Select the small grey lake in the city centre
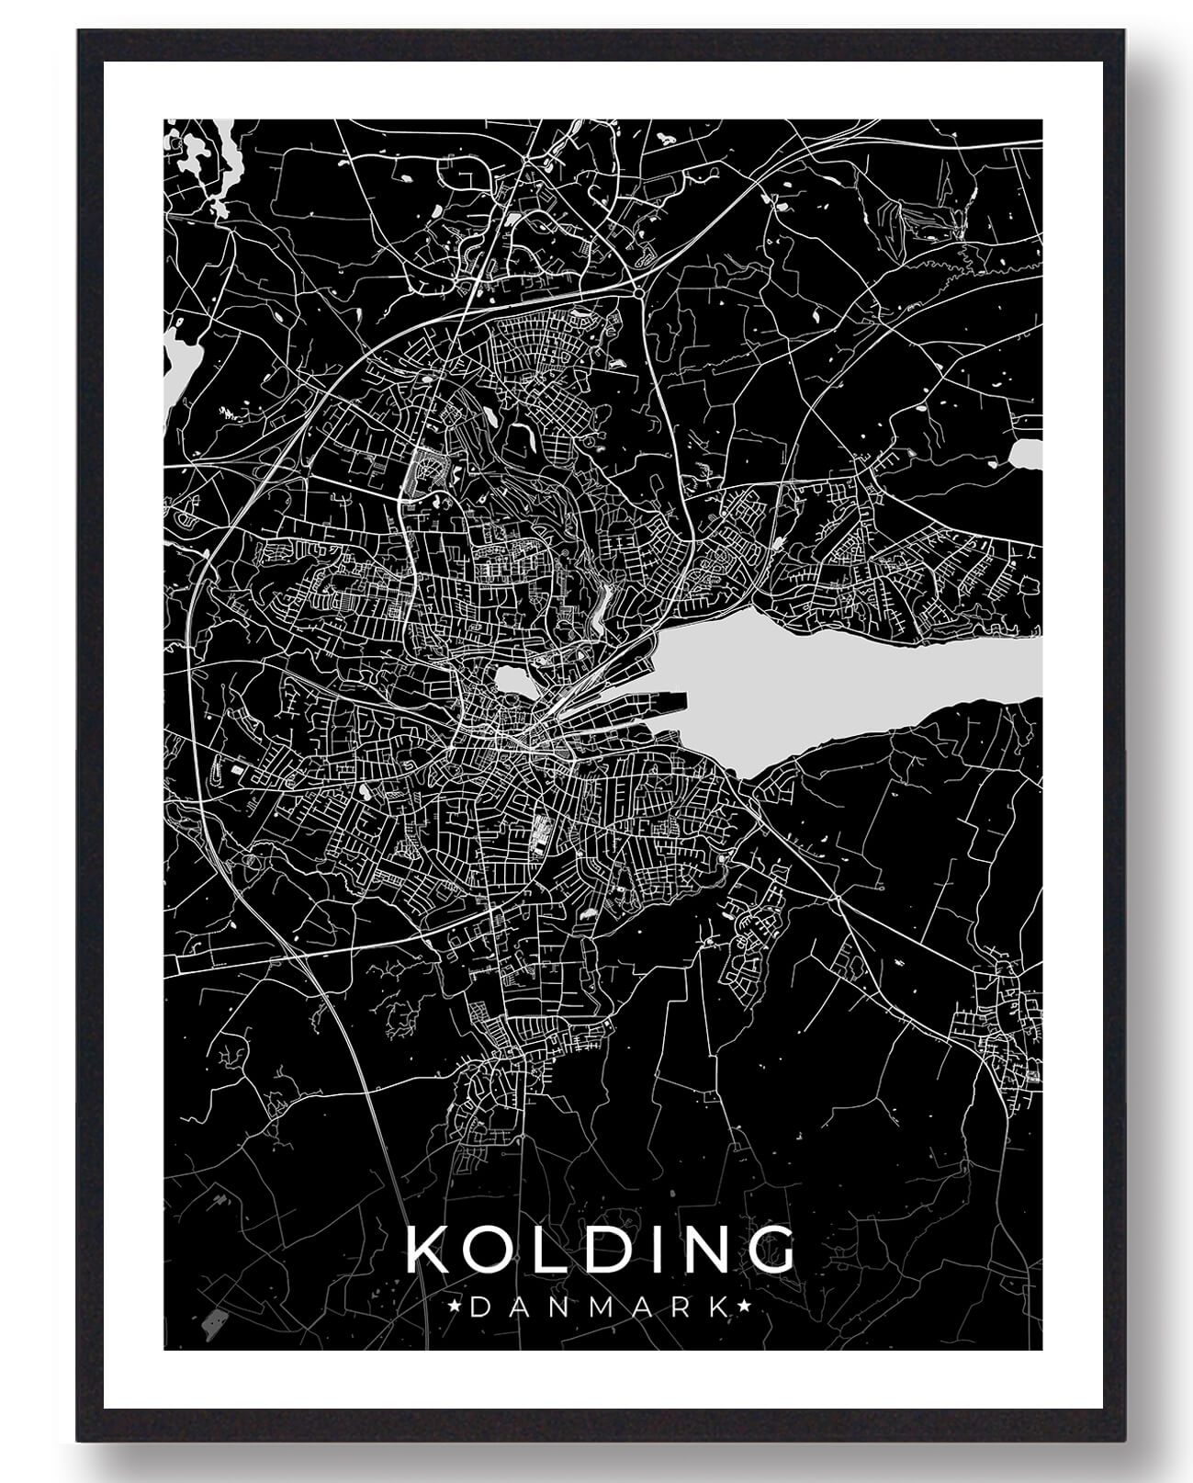[512, 683]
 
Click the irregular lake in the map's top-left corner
[204, 161]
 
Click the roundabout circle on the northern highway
[637, 292]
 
